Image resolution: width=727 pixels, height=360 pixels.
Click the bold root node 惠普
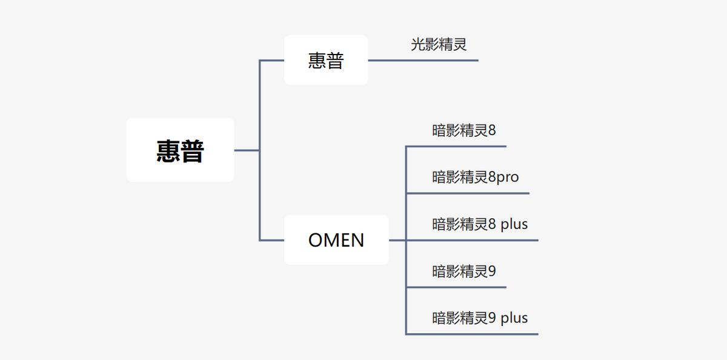coord(180,150)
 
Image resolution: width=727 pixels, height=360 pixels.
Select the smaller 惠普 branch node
coord(326,60)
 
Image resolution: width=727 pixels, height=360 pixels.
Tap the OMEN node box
coord(336,240)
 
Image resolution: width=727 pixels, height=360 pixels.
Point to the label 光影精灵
coord(439,44)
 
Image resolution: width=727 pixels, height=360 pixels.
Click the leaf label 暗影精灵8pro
coord(476,177)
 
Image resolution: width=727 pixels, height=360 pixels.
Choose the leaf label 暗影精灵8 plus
coord(480,224)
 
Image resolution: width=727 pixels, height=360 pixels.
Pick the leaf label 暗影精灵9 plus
coord(480,318)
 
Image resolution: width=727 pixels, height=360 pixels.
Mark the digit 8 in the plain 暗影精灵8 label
coord(491,130)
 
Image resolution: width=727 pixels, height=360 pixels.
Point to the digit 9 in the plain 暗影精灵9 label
coord(491,271)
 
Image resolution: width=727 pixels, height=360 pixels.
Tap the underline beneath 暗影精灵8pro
coord(467,193)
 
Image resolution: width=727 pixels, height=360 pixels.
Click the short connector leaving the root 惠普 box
coord(247,150)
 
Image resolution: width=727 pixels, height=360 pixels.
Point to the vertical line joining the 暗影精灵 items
coord(406,264)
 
